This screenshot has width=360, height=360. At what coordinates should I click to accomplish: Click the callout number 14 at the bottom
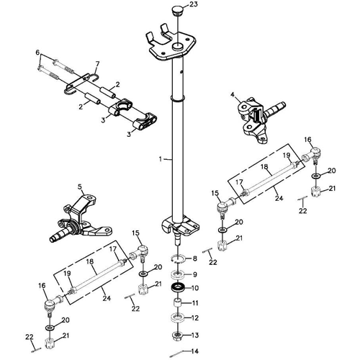[194, 351]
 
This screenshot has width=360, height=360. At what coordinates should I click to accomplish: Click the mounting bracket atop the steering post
[173, 45]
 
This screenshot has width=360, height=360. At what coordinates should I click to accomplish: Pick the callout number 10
[194, 289]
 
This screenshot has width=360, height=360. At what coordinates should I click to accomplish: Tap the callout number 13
[194, 334]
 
